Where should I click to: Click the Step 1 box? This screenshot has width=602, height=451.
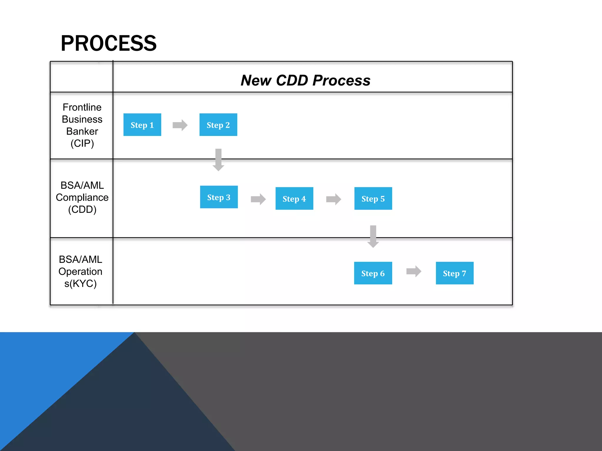coord(142,125)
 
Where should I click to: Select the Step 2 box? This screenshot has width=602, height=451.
coord(218,125)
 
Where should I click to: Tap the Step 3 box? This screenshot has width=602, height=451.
coord(219,197)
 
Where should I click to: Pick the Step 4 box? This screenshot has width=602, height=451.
coord(294,198)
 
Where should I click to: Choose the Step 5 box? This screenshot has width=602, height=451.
coord(373,198)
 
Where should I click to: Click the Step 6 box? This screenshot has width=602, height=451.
coord(373,273)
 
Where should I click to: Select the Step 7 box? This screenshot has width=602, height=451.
coord(454,273)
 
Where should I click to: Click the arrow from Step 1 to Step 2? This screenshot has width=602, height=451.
coord(180,125)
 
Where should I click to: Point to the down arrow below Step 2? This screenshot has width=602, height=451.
coord(218,160)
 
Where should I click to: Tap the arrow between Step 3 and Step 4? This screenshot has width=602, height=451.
coord(258,199)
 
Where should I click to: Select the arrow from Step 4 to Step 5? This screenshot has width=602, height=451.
coord(334,199)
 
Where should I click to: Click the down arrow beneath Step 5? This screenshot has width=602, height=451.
coord(373,236)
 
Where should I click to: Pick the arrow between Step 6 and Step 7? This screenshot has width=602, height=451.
coord(414,271)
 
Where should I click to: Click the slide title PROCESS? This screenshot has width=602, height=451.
coord(108,43)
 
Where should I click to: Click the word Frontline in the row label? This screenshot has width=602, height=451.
coord(82,107)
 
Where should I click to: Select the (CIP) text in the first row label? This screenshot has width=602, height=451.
coord(82,143)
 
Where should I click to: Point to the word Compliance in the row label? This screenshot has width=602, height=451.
coord(82,197)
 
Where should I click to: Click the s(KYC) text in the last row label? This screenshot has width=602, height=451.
coord(80,284)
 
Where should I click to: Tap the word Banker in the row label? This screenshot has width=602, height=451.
coord(82,131)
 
